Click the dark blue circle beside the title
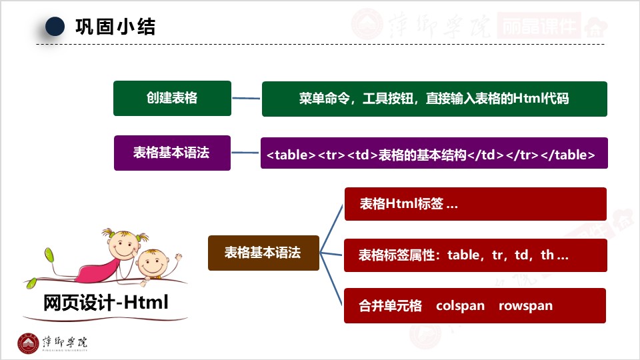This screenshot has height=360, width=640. pos(55,27)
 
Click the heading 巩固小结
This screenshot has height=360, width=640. pos(115,27)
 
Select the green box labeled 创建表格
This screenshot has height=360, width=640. pos(172,98)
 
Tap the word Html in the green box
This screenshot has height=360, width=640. pos(527,99)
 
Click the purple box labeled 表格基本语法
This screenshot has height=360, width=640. pos(172,153)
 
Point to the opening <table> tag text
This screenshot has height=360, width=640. pos(291,155)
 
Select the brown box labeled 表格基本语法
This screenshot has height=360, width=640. pos(263,253)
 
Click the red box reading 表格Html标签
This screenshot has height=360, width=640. pos(475,204)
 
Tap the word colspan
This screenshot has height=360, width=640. pos(460,306)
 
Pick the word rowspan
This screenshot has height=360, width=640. pos(525,306)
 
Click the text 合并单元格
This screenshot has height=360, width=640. pos(390,306)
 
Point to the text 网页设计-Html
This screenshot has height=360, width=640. pos(106,303)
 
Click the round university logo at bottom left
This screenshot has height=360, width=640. pos(28,343)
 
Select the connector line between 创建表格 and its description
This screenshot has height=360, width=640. pos(246,99)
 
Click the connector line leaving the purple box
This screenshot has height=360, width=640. pos(245,153)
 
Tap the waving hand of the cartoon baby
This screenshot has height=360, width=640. pos(177,257)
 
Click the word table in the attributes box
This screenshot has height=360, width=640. pos(463,255)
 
